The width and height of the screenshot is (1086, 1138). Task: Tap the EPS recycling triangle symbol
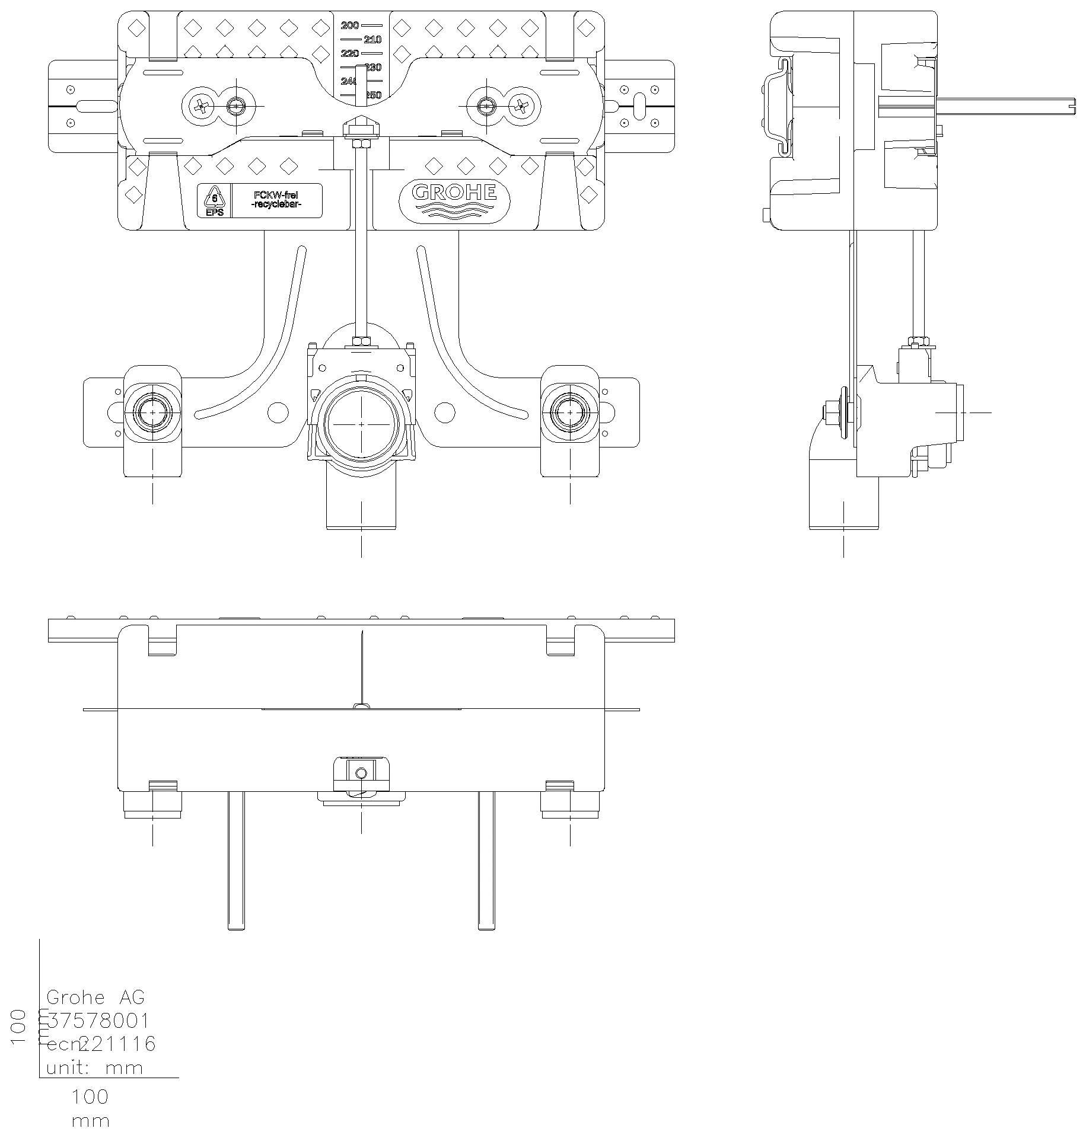pyautogui.click(x=214, y=198)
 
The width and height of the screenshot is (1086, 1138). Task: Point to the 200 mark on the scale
pyautogui.click(x=350, y=25)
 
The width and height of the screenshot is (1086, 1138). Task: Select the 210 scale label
pyautogui.click(x=372, y=40)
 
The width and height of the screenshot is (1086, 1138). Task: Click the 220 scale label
pyautogui.click(x=350, y=54)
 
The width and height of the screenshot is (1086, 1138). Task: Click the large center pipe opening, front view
pyautogui.click(x=362, y=424)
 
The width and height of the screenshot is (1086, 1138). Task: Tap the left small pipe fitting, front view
pyautogui.click(x=153, y=413)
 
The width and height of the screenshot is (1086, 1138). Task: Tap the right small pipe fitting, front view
pyautogui.click(x=570, y=413)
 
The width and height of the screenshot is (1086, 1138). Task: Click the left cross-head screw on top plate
pyautogui.click(x=201, y=107)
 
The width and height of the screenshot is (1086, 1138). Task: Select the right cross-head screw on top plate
pyautogui.click(x=522, y=107)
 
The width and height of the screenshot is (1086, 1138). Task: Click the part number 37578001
pyautogui.click(x=98, y=1021)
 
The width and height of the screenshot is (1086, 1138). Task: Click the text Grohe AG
pyautogui.click(x=95, y=997)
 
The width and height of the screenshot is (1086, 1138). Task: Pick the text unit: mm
pyautogui.click(x=95, y=1068)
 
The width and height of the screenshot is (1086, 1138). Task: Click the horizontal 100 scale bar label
pyautogui.click(x=90, y=1097)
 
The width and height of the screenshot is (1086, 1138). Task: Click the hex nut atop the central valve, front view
pyautogui.click(x=361, y=341)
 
